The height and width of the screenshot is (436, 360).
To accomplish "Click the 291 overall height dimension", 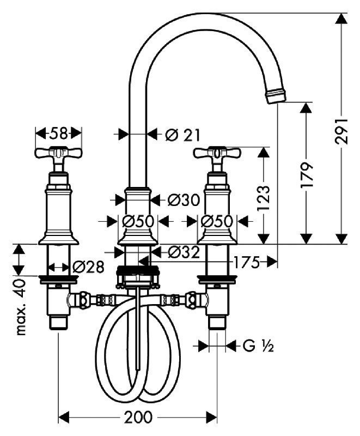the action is pyautogui.click(x=341, y=131).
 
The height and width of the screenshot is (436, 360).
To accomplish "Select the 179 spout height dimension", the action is pyautogui.click(x=307, y=174).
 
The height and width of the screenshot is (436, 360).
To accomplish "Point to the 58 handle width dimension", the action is pyautogui.click(x=59, y=134).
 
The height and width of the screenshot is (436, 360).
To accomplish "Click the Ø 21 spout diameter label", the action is pyautogui.click(x=182, y=135).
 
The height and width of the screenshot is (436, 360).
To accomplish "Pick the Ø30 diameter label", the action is pyautogui.click(x=184, y=200).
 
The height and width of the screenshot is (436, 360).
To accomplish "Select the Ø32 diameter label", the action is pyautogui.click(x=184, y=252).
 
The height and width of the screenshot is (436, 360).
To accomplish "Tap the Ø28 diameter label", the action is pyautogui.click(x=88, y=267).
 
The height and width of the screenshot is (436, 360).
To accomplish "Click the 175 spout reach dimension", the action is pyautogui.click(x=246, y=262).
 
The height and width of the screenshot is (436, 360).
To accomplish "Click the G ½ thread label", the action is pyautogui.click(x=258, y=346).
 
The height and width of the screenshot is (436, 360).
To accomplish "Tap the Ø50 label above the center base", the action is pyautogui.click(x=138, y=222).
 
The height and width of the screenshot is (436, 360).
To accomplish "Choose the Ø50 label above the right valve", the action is pyautogui.click(x=217, y=222).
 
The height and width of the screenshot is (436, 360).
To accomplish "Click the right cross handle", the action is pyautogui.click(x=217, y=153).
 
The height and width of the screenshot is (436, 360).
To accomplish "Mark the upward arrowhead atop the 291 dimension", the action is pyautogui.click(x=341, y=19).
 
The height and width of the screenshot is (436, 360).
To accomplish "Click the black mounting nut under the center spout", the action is pyautogui.click(x=138, y=270).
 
